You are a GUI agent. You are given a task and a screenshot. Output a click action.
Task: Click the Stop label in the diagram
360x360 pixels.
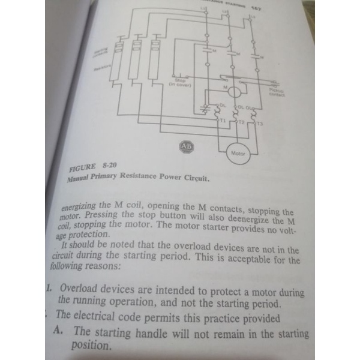coord(179,80)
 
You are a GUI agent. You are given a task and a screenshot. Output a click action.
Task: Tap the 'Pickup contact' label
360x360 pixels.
coord(277,92)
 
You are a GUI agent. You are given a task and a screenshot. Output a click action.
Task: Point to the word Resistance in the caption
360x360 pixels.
coord(148,178)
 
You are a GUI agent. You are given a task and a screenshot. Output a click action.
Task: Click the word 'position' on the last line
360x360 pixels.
coord(91,346)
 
